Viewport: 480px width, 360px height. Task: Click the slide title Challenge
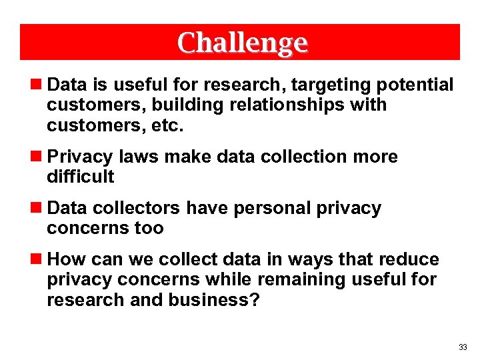pos(243,43)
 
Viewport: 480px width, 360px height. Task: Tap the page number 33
pos(463,347)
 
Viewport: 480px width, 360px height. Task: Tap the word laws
pos(139,157)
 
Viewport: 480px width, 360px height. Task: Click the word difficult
pos(81,177)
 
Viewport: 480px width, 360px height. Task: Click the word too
pos(149,228)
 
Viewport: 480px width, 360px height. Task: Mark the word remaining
pos(317,279)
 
